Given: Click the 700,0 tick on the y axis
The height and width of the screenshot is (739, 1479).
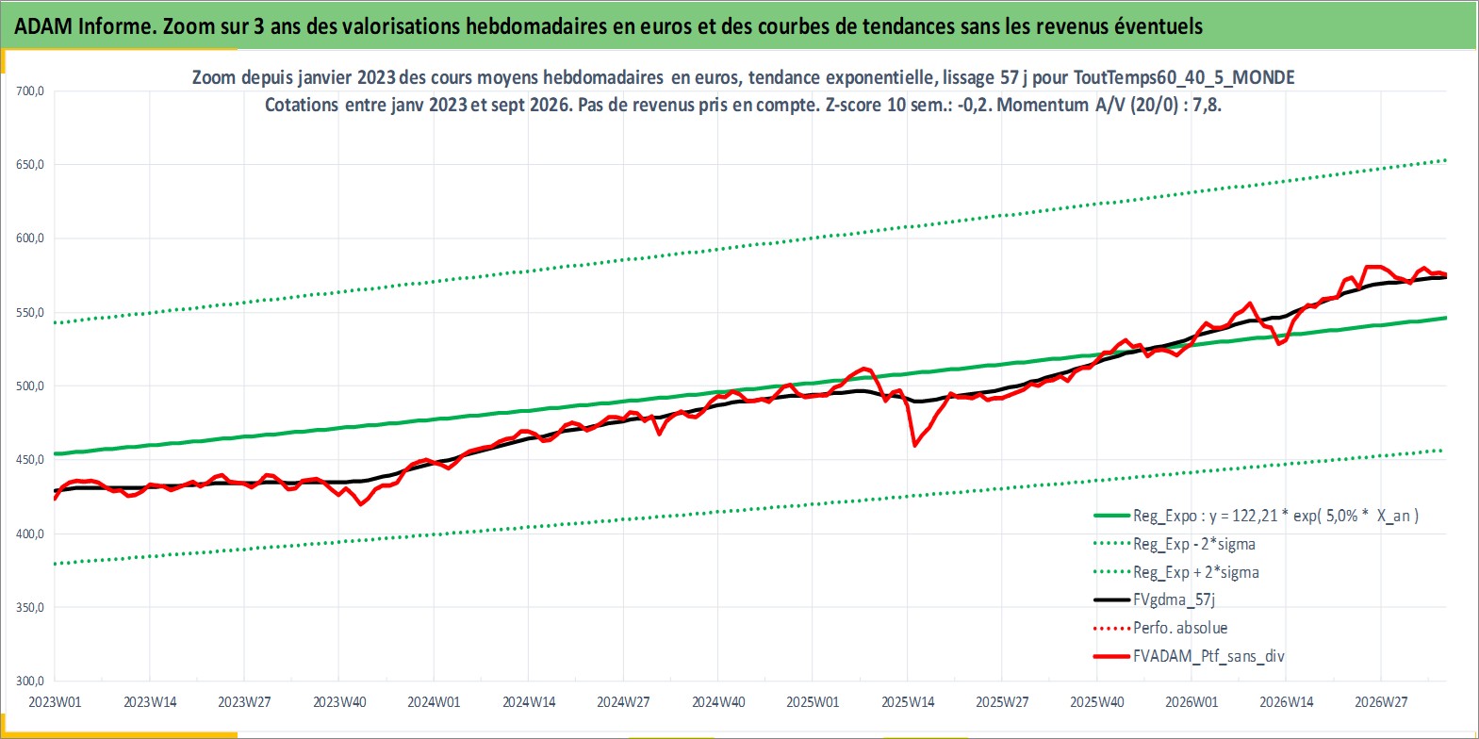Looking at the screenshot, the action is [x=30, y=91].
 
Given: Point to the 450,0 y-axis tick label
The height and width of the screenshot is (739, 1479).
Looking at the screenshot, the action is [x=30, y=459].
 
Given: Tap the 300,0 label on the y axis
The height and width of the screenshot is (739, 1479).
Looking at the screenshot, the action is [x=30, y=681].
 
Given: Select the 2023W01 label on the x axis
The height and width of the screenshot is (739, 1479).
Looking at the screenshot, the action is [x=55, y=701].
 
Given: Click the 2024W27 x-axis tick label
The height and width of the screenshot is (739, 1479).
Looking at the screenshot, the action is [x=623, y=701].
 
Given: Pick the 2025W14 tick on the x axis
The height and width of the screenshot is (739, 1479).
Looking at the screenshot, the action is [x=908, y=701].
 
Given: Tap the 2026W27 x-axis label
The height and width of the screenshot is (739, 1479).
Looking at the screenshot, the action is [x=1381, y=701].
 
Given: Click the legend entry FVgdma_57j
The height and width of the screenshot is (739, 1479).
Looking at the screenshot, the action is [x=1155, y=599].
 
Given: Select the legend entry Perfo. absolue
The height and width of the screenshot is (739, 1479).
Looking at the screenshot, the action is [x=1160, y=628].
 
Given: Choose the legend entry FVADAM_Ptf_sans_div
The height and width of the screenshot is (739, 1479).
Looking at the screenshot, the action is [x=1190, y=656].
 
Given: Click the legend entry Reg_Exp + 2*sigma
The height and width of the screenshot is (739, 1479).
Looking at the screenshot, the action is [x=1175, y=572].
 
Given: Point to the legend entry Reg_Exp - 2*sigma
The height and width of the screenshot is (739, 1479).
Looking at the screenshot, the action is [x=1175, y=544].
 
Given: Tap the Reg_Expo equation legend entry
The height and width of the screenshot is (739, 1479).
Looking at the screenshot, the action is [x=1256, y=516].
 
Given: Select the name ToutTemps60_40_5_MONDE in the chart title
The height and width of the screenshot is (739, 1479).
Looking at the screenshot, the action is [x=1184, y=78].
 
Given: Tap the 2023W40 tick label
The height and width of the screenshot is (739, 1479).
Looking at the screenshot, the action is [x=339, y=701].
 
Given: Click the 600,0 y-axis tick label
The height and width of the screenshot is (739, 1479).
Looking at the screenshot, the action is [x=30, y=238].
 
